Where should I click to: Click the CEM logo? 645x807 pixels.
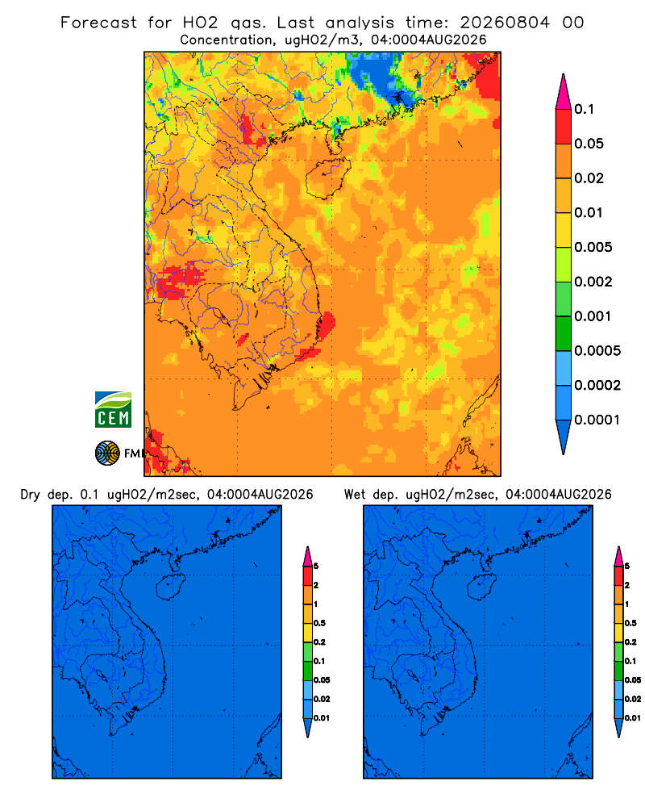[113, 410]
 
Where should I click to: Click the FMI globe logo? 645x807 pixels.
[107, 454]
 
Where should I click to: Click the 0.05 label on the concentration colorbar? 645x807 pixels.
[589, 144]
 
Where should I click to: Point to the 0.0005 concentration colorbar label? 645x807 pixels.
[597, 350]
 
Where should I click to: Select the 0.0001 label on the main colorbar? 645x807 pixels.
[597, 420]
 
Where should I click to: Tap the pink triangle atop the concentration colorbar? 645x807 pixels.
[564, 91]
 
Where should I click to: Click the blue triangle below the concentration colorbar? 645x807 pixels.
[564, 437]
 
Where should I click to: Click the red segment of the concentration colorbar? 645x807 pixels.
[564, 127]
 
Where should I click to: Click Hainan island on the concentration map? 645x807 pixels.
[327, 178]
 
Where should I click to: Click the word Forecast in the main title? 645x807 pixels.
[98, 23]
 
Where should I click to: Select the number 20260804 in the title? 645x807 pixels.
[505, 23]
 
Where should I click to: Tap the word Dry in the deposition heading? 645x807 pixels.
[30, 495]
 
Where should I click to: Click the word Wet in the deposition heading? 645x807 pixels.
[356, 495]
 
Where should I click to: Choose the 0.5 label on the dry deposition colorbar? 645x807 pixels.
[319, 623]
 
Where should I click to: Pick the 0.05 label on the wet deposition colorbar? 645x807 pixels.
[633, 679]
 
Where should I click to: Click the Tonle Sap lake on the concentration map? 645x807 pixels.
[219, 315]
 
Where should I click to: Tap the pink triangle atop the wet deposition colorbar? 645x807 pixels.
[618, 556]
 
